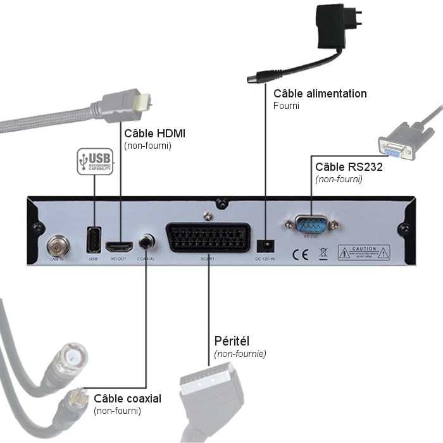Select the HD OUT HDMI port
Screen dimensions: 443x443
coord(118,245)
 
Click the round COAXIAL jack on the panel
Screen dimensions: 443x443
coord(147,242)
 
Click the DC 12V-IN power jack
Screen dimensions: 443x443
coord(266,244)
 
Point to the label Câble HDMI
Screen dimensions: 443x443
coord(154,134)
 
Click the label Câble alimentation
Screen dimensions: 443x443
coord(320,94)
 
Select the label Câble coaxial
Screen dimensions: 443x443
coord(127,399)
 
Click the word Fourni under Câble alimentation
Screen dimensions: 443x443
coord(286,106)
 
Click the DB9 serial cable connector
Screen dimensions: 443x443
coord(396,145)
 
